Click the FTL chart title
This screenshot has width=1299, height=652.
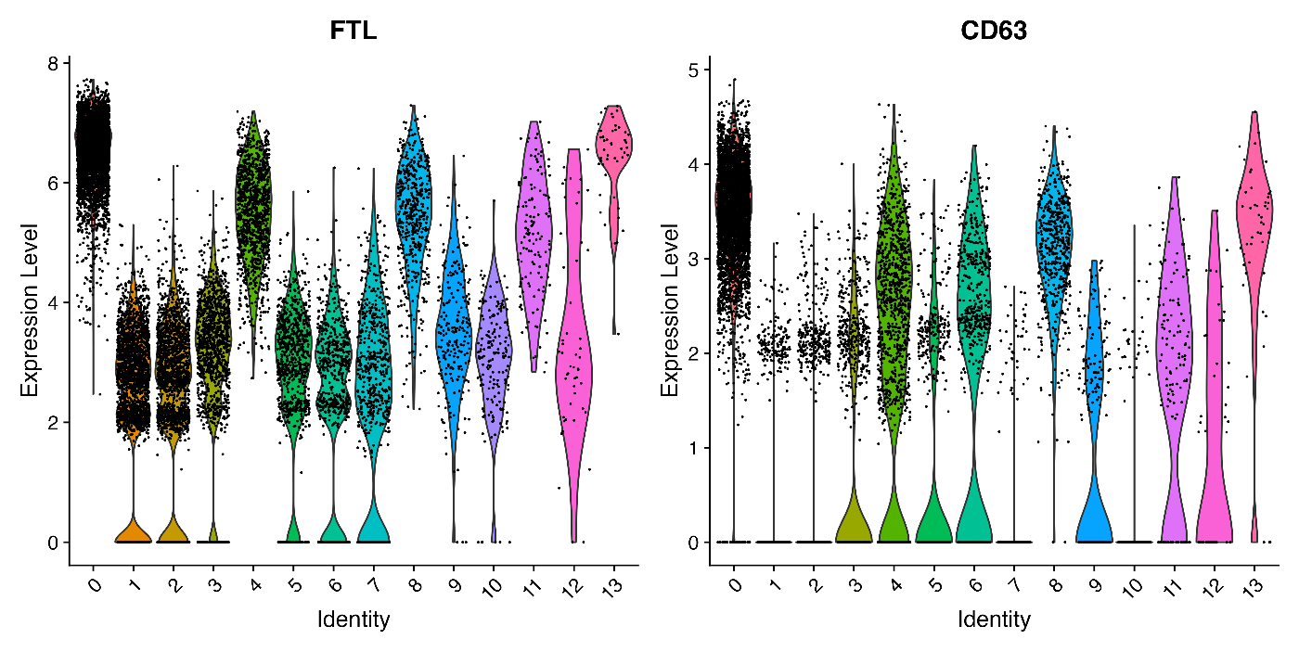click(x=354, y=31)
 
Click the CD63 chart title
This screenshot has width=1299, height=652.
click(x=994, y=31)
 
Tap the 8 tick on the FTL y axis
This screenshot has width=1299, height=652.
click(x=53, y=63)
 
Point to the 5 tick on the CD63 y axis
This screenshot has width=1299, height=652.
click(x=694, y=70)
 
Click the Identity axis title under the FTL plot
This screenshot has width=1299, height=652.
click(x=354, y=619)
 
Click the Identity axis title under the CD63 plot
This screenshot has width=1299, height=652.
click(x=994, y=619)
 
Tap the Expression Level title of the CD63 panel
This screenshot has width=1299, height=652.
click(x=670, y=309)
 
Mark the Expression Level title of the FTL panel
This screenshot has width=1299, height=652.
click(x=30, y=309)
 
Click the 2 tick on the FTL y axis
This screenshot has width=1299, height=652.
click(x=53, y=422)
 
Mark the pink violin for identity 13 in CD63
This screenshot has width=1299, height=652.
click(x=1254, y=232)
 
